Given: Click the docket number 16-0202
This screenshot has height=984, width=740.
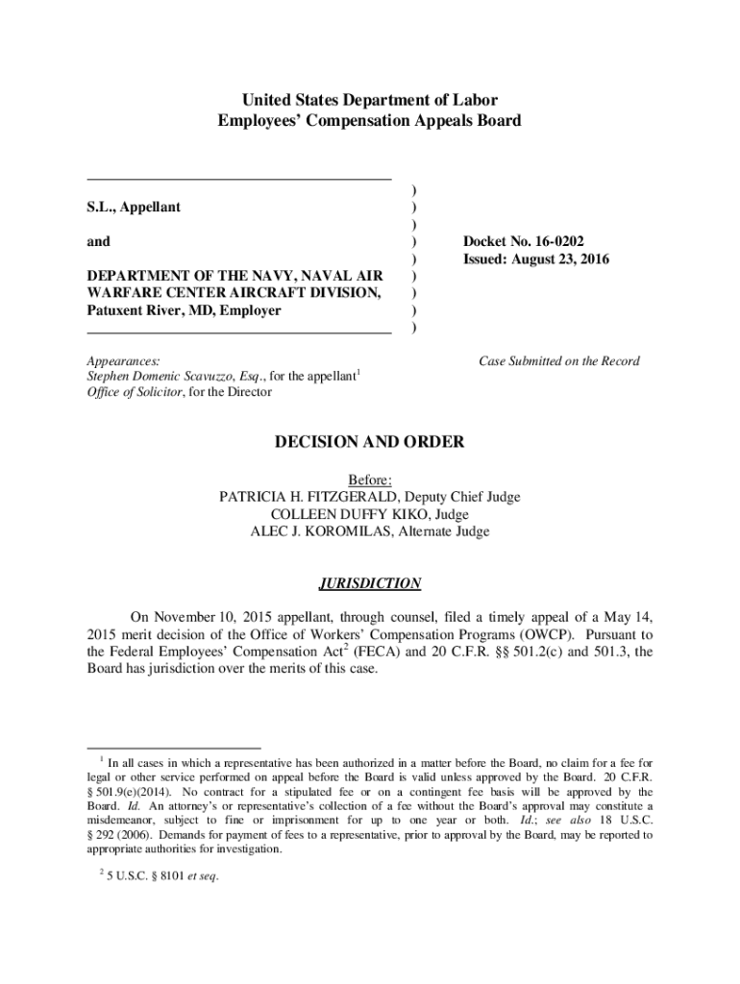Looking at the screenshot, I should click(567, 241).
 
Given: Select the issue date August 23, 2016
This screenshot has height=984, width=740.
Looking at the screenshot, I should click(566, 259).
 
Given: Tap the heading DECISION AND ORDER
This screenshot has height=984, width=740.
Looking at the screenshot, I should click(370, 443).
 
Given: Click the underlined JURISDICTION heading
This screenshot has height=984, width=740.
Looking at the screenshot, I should click(370, 583).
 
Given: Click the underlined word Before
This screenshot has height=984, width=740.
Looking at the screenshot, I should click(370, 480).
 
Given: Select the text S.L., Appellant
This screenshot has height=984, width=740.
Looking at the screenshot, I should click(134, 207).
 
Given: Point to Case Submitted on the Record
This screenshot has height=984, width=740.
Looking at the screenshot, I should click(559, 361).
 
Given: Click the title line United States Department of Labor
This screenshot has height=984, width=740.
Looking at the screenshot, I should click(370, 101).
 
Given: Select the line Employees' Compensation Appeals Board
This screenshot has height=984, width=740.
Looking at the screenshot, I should click(370, 121).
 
